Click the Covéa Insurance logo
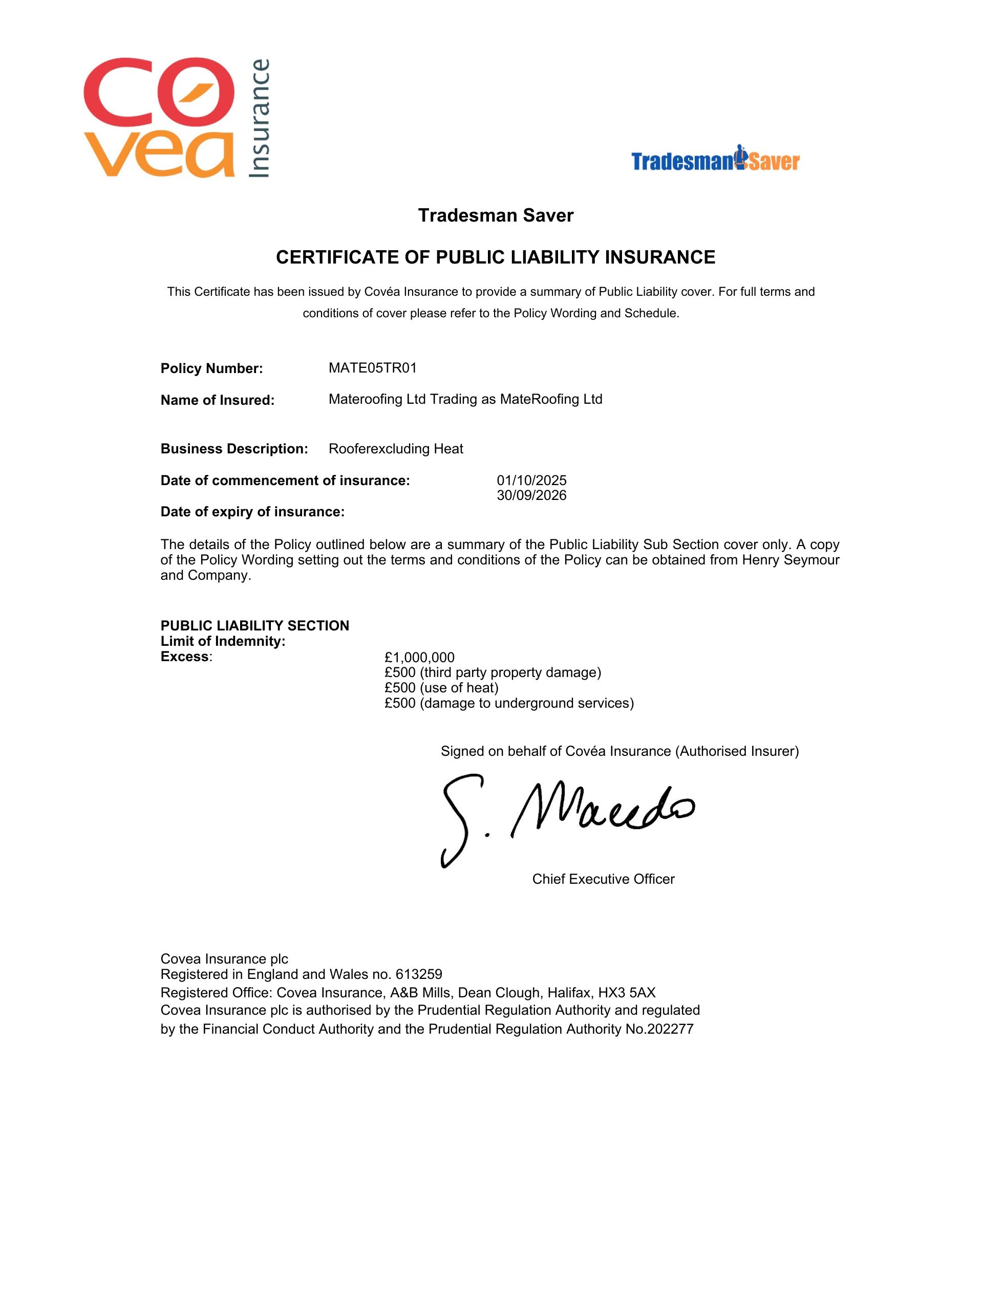pos(177,117)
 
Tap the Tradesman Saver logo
pos(715,159)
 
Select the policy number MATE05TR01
pos(373,368)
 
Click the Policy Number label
pos(211,368)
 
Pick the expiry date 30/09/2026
pos(531,495)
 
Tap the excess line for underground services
pos(509,703)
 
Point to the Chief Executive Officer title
pos(603,879)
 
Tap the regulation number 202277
pos(671,1029)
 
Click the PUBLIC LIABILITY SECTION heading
pos(255,625)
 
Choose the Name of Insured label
pos(218,400)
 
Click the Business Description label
pos(234,449)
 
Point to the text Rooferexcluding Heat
pos(396,449)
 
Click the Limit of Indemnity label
pos(223,641)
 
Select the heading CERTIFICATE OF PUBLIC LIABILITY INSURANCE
pos(496,257)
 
